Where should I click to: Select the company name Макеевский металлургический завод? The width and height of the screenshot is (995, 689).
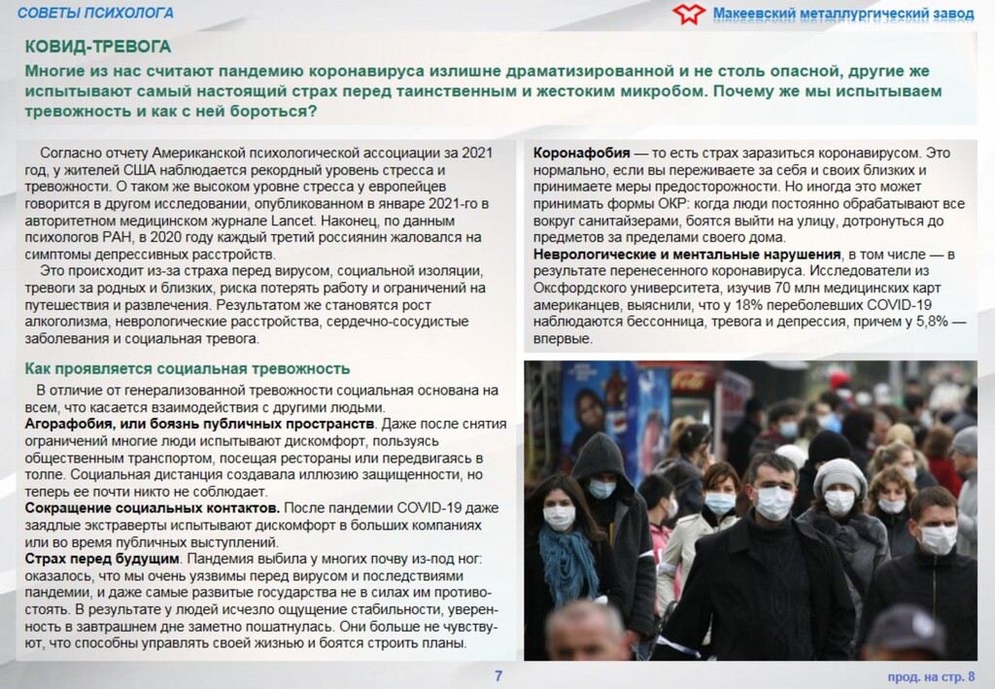click(837, 13)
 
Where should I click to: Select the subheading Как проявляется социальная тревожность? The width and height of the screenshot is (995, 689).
click(187, 369)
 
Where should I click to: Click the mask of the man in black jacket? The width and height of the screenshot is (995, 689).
click(775, 502)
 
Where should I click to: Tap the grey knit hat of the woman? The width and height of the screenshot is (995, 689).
click(840, 473)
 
